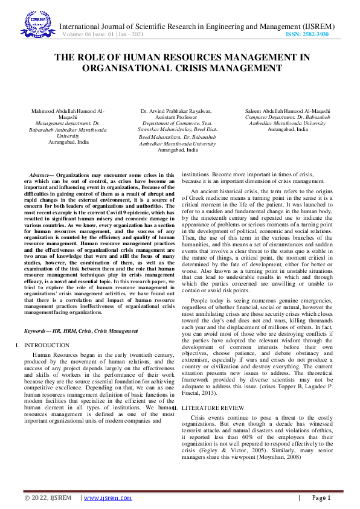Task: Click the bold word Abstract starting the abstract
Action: coord(40,175)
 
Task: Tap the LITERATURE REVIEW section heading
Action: coord(214,409)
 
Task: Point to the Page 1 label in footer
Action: coord(321,498)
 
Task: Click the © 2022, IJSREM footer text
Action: coord(48,498)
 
